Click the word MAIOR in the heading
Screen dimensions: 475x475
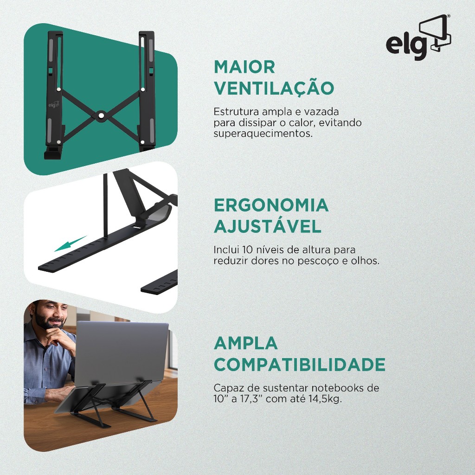(x=244, y=67)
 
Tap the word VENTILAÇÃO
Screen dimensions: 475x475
(x=274, y=88)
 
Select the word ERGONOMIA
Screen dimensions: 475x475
(x=271, y=205)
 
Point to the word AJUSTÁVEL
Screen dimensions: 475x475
(x=268, y=226)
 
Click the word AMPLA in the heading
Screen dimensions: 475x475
(x=246, y=343)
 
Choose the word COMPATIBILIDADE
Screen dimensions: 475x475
(x=300, y=365)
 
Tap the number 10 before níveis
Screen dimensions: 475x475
(x=248, y=250)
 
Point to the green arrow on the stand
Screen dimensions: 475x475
(x=71, y=244)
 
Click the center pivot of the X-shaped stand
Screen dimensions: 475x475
(x=101, y=116)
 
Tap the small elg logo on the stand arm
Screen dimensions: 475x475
(x=54, y=104)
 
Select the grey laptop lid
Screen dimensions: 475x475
(x=121, y=353)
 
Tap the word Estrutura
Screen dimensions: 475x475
(x=236, y=112)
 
